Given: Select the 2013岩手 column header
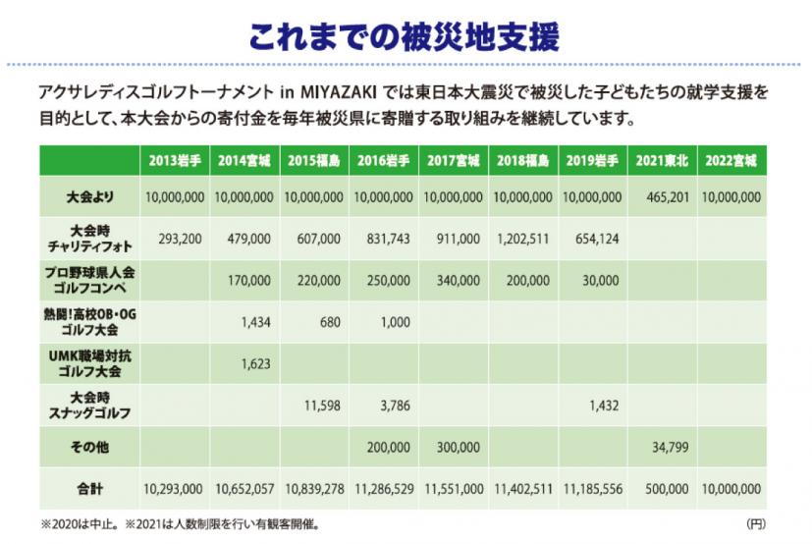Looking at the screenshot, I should [174, 159].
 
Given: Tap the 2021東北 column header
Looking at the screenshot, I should [661, 159].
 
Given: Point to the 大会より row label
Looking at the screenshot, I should [89, 197].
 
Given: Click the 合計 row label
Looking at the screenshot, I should [89, 487].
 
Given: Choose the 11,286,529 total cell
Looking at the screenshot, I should [384, 487].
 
